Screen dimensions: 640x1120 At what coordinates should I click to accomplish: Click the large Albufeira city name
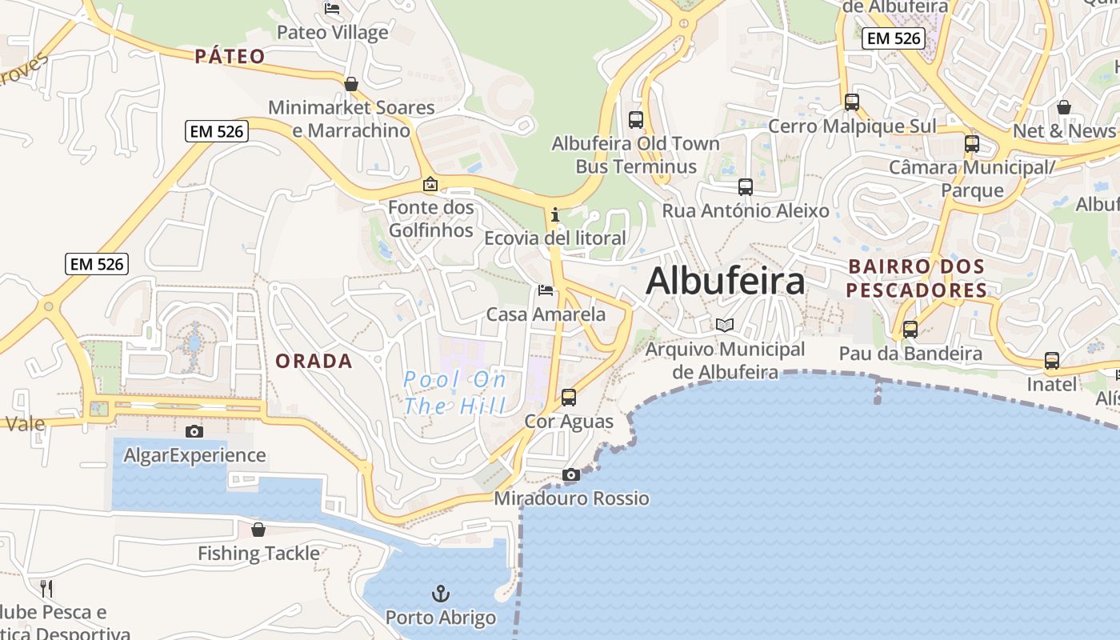tap(725, 282)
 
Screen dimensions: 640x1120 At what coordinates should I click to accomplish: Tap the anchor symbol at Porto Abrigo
tap(441, 594)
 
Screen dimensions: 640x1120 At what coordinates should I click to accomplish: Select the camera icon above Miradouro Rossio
tap(570, 475)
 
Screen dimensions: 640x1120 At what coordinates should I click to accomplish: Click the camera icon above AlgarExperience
tap(194, 432)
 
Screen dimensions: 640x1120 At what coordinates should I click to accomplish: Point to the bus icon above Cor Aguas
tap(569, 397)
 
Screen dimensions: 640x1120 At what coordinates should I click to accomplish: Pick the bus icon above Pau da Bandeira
tap(910, 329)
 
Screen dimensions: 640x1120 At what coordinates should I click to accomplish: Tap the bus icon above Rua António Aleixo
tap(746, 187)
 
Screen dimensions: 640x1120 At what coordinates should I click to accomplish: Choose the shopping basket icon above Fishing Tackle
tap(258, 530)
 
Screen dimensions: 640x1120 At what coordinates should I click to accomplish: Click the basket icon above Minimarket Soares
tap(350, 84)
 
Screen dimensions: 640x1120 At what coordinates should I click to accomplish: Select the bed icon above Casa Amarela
tap(546, 290)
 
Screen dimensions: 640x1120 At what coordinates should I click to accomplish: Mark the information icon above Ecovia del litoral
tap(555, 214)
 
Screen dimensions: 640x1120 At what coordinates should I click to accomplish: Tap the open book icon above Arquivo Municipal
tap(725, 326)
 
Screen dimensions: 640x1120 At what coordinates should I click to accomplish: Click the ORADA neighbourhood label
tap(314, 362)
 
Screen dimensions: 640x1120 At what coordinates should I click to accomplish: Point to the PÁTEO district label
tap(230, 56)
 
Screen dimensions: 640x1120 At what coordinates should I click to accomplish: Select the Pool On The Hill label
tap(454, 393)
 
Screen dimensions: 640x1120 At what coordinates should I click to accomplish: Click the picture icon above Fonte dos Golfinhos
tap(430, 185)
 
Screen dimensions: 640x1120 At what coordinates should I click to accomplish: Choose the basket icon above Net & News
tap(1064, 107)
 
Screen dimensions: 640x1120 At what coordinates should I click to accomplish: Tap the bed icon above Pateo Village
tap(332, 9)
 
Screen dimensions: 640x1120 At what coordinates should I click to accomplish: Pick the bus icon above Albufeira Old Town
tap(636, 120)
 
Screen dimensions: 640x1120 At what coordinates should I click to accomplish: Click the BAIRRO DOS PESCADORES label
tap(917, 278)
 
